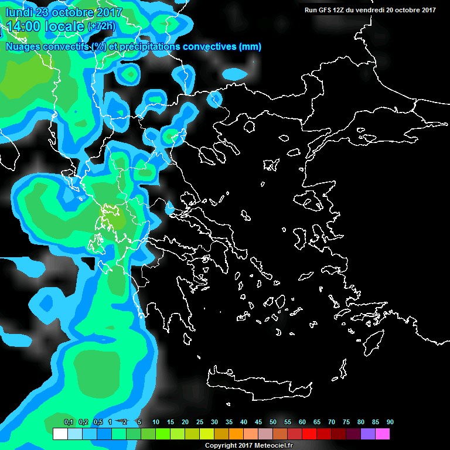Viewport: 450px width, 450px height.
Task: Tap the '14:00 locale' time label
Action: point(43,26)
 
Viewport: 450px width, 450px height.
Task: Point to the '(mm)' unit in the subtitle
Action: point(250,46)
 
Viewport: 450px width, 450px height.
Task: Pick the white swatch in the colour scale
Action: point(60,434)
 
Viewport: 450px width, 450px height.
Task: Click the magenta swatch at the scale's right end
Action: point(383,434)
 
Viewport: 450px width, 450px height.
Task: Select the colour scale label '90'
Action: point(390,422)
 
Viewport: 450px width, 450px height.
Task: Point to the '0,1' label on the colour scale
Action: point(68,422)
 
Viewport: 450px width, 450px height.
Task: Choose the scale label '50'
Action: point(273,422)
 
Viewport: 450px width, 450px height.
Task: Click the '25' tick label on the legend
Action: point(200,422)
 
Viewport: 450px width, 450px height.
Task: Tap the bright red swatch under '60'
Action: point(309,434)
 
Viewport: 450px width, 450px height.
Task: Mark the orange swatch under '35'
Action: point(236,434)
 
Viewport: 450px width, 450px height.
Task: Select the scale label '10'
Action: point(156,422)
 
